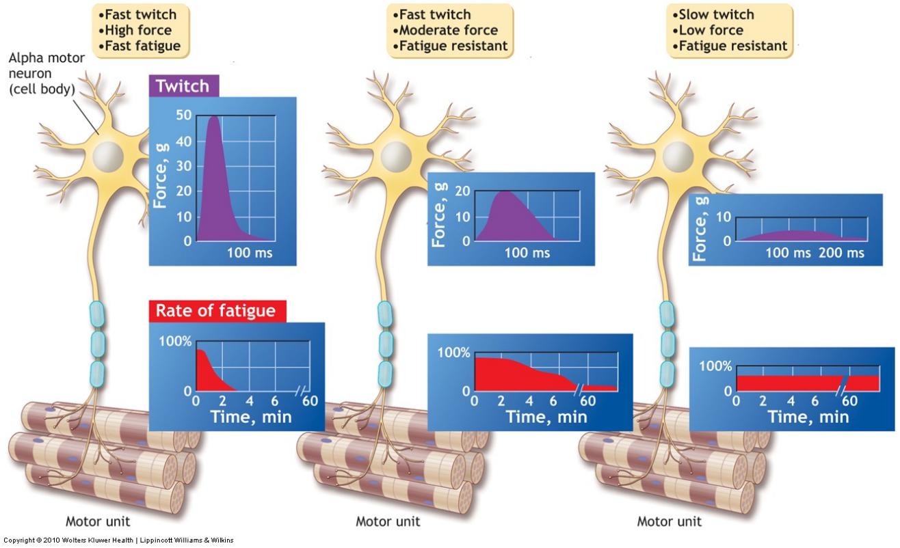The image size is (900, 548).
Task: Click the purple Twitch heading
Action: (183, 86)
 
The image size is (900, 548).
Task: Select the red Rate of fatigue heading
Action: (215, 311)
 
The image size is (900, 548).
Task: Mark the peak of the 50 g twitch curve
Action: (214, 117)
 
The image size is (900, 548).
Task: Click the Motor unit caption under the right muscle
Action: (669, 521)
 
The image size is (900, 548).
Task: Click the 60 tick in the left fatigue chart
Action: (310, 400)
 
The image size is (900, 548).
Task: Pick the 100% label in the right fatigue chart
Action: (715, 366)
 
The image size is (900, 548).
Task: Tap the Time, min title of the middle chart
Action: (546, 416)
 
